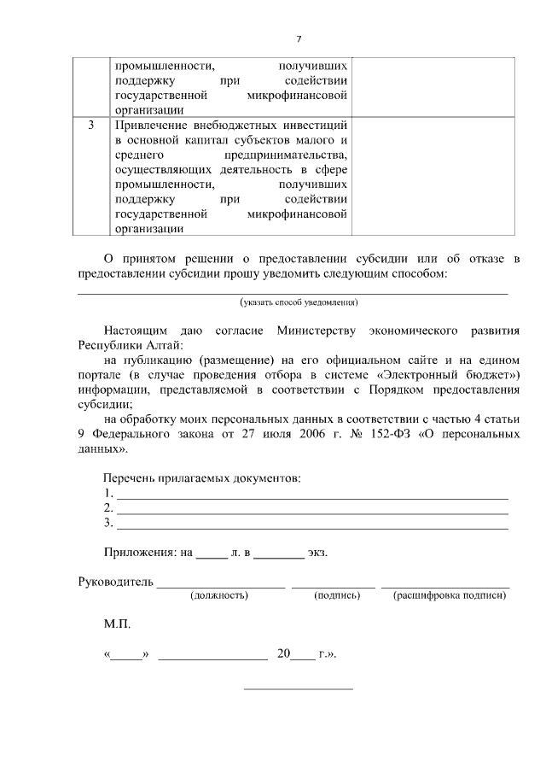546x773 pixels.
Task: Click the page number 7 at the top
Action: (299, 38)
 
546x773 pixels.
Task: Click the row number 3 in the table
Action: (91, 126)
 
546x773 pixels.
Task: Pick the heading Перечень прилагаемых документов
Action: (202, 477)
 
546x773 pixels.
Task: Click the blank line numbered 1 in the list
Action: (311, 494)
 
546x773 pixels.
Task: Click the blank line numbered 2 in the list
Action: (311, 508)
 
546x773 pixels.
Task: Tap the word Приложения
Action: (141, 552)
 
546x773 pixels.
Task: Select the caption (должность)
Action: (219, 595)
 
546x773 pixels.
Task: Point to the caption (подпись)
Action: (334, 595)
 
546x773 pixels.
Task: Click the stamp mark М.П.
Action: (117, 625)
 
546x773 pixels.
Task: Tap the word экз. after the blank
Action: (317, 552)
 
